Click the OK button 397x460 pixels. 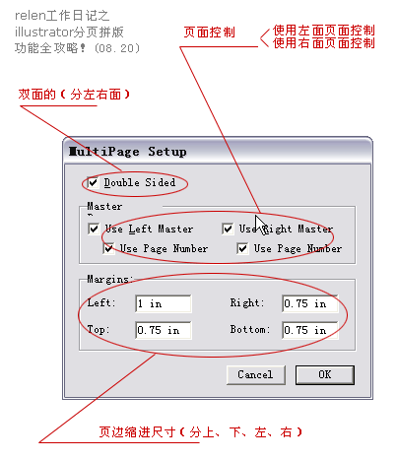(324, 374)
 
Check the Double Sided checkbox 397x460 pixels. (94, 182)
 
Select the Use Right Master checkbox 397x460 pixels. (228, 230)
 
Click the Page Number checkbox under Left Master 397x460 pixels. (109, 248)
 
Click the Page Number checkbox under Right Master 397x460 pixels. (242, 248)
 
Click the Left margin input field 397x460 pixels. (164, 303)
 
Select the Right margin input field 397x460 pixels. (309, 303)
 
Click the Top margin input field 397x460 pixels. (164, 330)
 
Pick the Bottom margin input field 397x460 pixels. (309, 330)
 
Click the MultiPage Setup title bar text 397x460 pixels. (127, 152)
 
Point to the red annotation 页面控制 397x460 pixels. (210, 33)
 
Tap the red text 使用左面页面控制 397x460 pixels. (323, 31)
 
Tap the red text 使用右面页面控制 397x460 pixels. (323, 43)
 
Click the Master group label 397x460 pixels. (103, 207)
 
